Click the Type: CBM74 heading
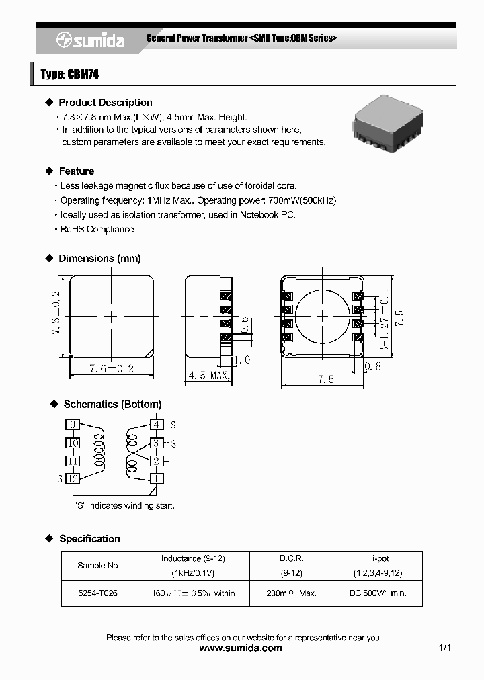coord(70,75)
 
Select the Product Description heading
coord(105,103)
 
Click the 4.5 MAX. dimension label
coord(210,375)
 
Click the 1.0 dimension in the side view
coord(243,359)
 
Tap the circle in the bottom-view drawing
coord(323,316)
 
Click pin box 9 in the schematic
coord(73,425)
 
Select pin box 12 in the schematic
coord(73,478)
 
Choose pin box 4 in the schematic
coord(156,425)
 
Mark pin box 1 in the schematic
coord(156,478)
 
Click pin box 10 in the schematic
coord(73,443)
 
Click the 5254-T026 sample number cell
coord(98,593)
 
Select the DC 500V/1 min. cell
coord(377,593)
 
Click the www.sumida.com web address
coord(241,648)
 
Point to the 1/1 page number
coord(444,648)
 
